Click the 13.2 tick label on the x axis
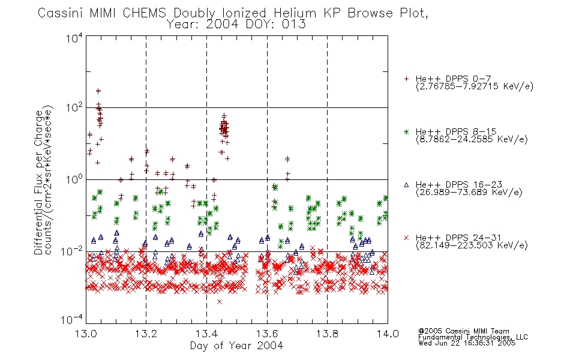pos(146,334)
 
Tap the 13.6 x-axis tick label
pos(267,334)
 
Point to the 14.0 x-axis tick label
pos(388,334)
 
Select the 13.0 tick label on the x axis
pos(86,334)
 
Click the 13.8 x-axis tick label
pos(327,334)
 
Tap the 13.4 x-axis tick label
pos(206,334)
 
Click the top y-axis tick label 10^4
pos(74,38)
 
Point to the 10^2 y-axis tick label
pos(74,108)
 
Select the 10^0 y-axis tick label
pos(74,179)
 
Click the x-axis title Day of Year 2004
pos(236,346)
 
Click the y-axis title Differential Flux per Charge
pos(39,181)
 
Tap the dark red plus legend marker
pos(406,79)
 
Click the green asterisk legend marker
pos(406,131)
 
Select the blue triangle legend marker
pos(406,185)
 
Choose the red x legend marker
pos(406,238)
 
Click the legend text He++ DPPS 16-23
pos(459,184)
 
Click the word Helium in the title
pos(295,13)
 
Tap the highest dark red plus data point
pos(98,91)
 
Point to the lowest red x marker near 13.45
pos(220,301)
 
